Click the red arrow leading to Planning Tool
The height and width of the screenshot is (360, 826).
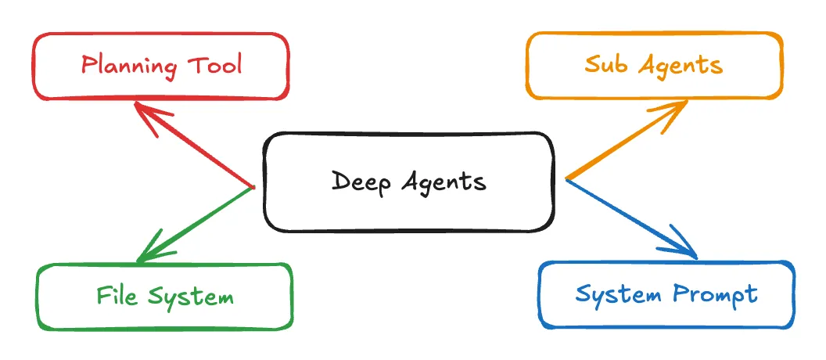199,149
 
